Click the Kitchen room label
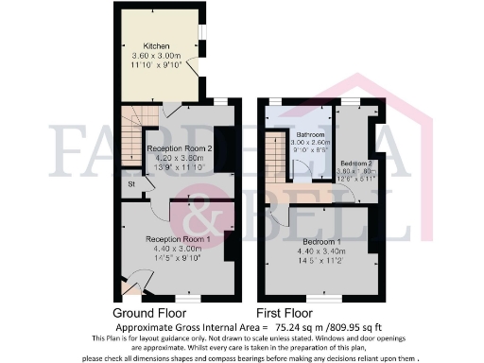[x=157, y=46]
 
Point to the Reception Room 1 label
[x=175, y=240]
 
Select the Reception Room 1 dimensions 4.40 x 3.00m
[x=175, y=250]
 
